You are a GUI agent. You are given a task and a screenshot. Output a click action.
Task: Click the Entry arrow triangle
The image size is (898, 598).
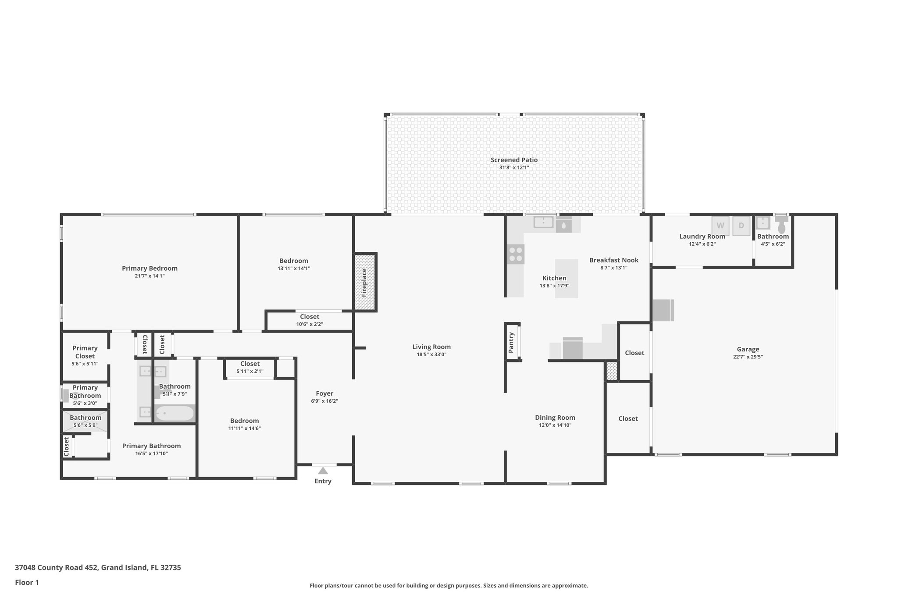(323, 471)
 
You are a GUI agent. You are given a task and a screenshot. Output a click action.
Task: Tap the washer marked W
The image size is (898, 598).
(720, 226)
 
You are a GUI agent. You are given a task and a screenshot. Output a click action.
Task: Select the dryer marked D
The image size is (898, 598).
(741, 226)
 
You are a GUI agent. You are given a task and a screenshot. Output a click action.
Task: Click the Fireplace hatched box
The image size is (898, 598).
(365, 283)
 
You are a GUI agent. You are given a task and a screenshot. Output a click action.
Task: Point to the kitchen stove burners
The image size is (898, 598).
(515, 254)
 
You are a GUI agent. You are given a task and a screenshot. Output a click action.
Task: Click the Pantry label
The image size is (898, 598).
(511, 342)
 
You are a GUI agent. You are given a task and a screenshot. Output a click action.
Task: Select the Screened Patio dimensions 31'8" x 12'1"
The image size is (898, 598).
(514, 167)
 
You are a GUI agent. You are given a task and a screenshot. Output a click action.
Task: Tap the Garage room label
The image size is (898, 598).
(748, 349)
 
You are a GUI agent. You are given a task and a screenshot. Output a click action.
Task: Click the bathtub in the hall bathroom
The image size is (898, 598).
(175, 413)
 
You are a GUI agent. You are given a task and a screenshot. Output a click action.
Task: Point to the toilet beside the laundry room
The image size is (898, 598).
(781, 227)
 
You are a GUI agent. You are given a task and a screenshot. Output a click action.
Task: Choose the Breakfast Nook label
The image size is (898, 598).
(613, 260)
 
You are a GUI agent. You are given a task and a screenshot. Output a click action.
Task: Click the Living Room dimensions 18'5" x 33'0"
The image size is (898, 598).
(431, 354)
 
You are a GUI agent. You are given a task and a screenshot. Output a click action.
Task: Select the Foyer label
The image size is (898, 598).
(324, 393)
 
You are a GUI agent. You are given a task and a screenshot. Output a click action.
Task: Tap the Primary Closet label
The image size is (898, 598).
(85, 352)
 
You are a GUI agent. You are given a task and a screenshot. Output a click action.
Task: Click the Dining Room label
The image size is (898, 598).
(555, 418)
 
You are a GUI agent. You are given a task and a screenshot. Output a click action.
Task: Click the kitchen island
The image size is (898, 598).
(567, 279)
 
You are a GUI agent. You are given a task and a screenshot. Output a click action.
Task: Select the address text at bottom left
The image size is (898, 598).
(98, 567)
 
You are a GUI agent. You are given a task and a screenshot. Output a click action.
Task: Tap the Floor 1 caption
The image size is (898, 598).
(27, 582)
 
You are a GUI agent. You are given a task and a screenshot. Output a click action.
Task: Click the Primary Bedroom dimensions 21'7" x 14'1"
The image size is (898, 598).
(150, 276)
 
